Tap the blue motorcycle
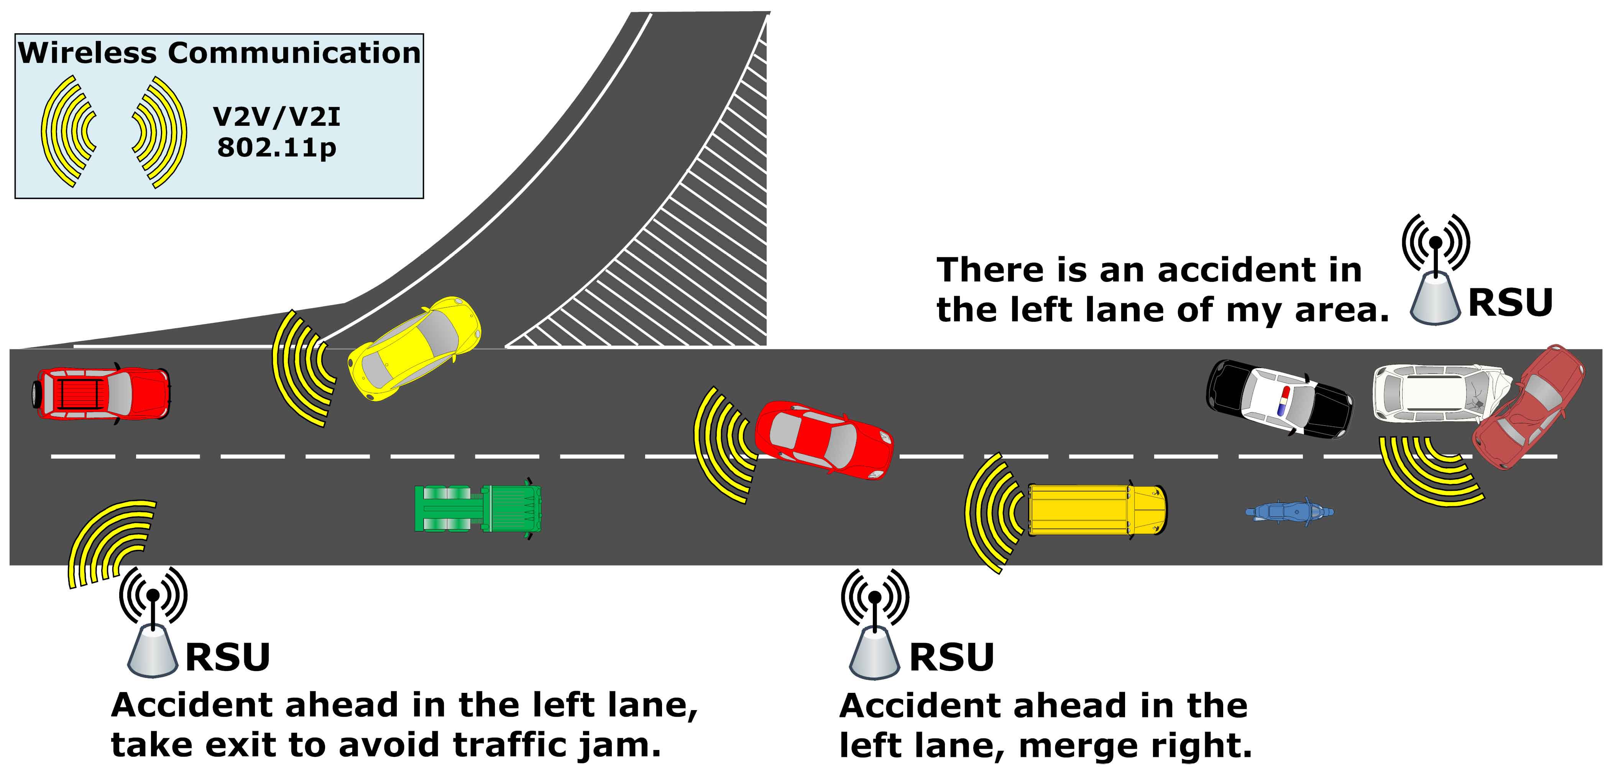pos(1289,512)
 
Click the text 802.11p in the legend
pos(277,148)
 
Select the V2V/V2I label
pos(277,117)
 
